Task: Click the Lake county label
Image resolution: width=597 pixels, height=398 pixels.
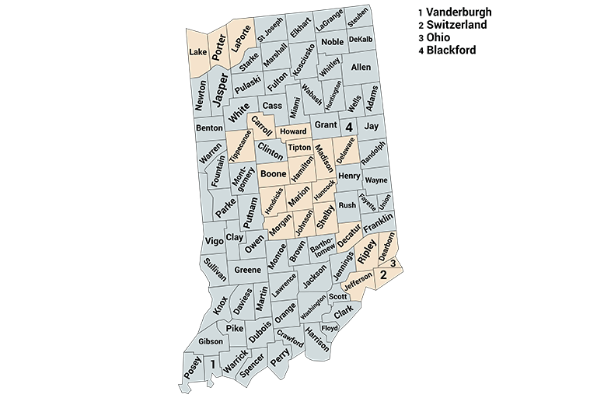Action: point(197,52)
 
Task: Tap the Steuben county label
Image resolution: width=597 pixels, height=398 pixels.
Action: point(357,17)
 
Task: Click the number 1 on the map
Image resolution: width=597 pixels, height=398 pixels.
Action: point(212,363)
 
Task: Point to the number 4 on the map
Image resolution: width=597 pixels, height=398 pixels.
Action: point(349,126)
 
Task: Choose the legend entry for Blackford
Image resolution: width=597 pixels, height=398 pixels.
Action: point(446,50)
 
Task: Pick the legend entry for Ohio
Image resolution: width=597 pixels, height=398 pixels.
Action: point(435,37)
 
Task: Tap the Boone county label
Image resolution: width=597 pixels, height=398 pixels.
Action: point(273,173)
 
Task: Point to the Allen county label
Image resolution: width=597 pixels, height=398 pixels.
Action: point(361,68)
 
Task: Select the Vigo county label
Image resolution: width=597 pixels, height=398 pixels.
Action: point(214,241)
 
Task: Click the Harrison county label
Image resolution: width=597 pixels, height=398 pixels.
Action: point(317,338)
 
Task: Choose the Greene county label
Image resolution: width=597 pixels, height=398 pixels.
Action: point(247,270)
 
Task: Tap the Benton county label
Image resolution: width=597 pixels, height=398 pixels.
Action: point(209,127)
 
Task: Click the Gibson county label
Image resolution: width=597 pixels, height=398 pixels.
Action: point(211,341)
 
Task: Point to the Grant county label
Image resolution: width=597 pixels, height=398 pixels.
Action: point(325,125)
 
